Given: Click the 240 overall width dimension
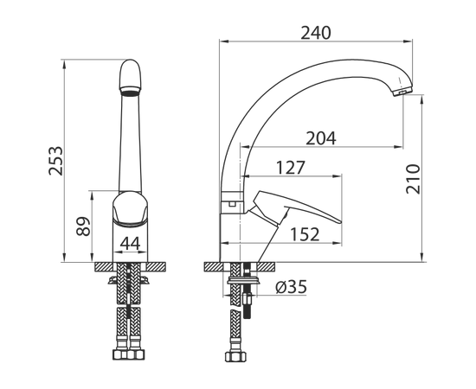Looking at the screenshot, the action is (315, 33).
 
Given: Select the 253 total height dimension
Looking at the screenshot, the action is (56, 161).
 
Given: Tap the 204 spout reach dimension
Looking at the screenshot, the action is (321, 138).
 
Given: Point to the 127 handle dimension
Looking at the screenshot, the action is (290, 168).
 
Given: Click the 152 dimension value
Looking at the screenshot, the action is (305, 234).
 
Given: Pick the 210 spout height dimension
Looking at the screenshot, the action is (413, 179).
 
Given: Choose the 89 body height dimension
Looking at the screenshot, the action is (83, 226).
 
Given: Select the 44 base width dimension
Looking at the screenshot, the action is (131, 243).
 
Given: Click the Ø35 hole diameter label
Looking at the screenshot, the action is (292, 286).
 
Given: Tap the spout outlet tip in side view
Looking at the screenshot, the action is (402, 92).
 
